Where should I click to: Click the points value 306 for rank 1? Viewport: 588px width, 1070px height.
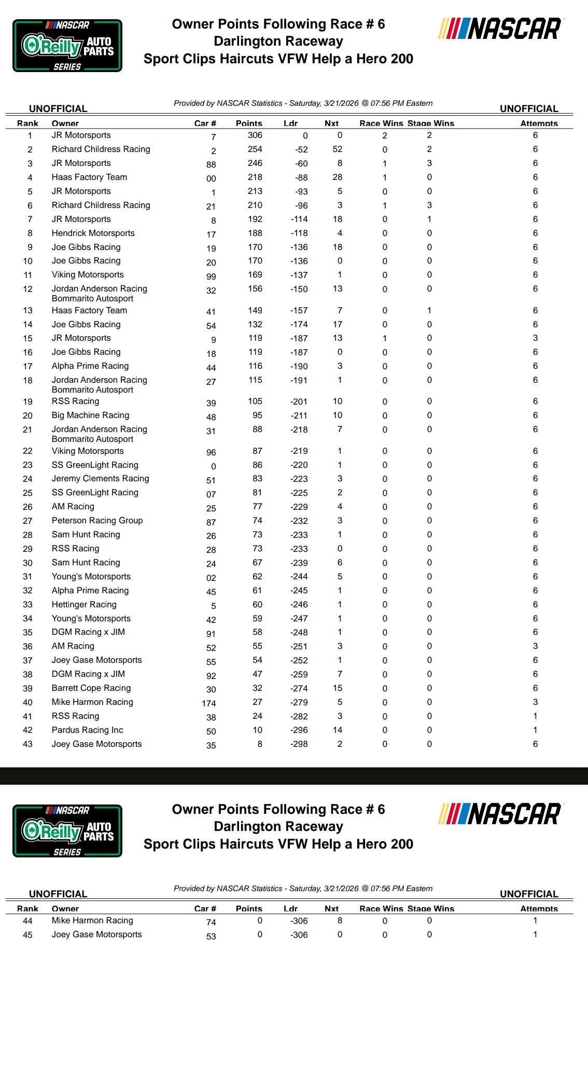[255, 135]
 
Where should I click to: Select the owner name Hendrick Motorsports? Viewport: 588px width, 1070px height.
[93, 233]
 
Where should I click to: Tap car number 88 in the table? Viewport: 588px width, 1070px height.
[211, 165]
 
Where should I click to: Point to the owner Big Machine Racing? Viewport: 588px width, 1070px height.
[90, 415]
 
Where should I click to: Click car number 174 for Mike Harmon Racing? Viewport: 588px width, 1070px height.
[209, 704]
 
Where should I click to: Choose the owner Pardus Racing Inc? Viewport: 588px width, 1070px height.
[87, 730]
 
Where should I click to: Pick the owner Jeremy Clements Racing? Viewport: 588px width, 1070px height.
[100, 479]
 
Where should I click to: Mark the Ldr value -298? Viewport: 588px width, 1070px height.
[299, 744]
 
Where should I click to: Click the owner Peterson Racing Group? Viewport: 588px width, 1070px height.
[97, 521]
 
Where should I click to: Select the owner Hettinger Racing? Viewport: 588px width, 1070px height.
[84, 605]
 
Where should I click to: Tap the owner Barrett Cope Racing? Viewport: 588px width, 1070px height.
[91, 688]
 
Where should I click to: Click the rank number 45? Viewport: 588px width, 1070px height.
[27, 935]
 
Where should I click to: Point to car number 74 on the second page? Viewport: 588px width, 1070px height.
[211, 923]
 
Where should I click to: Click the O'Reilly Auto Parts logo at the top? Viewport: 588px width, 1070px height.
[67, 46]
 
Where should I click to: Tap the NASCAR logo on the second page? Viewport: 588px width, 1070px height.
[500, 814]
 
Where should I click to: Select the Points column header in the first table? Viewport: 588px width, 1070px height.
[249, 123]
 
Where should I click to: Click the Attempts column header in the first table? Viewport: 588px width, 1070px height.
[539, 123]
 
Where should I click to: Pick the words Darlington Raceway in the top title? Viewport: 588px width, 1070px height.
[278, 41]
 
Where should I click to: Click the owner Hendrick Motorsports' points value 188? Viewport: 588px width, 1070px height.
[255, 233]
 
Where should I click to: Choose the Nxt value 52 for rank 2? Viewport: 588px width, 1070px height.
[337, 149]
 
